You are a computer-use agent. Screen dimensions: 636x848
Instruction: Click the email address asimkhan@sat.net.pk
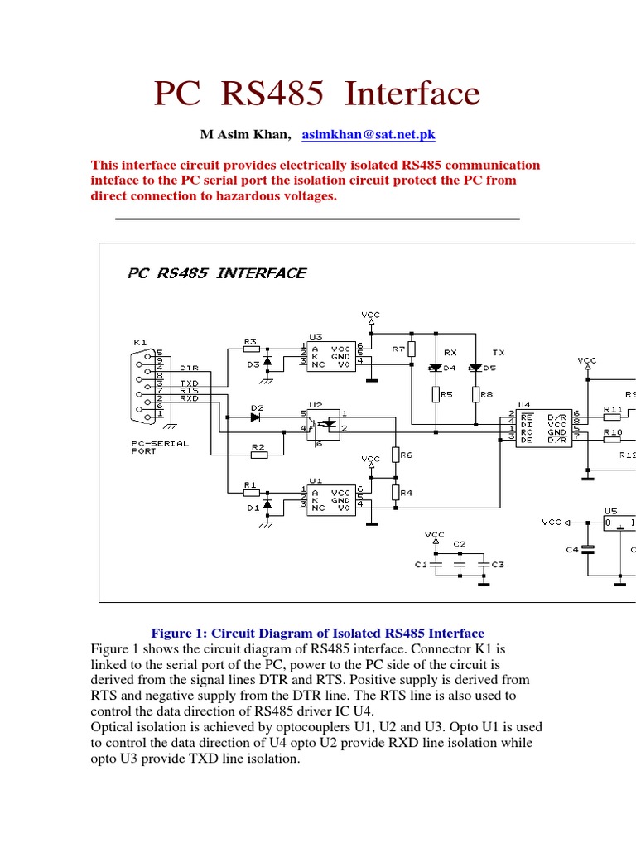369,134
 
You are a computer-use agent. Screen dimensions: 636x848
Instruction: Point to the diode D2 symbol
256,417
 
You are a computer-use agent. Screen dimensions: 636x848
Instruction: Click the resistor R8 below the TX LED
475,395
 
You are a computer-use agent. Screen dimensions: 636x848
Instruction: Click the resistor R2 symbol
258,454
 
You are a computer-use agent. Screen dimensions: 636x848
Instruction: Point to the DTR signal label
190,367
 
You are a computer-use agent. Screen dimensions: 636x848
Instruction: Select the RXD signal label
190,397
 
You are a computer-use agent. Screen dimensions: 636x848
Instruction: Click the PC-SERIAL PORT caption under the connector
160,447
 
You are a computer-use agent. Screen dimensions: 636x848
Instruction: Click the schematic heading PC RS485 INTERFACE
217,272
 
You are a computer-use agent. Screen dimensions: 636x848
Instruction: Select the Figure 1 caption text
317,633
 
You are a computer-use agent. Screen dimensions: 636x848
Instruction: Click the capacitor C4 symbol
588,548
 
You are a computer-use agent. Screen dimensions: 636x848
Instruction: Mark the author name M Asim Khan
245,134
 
